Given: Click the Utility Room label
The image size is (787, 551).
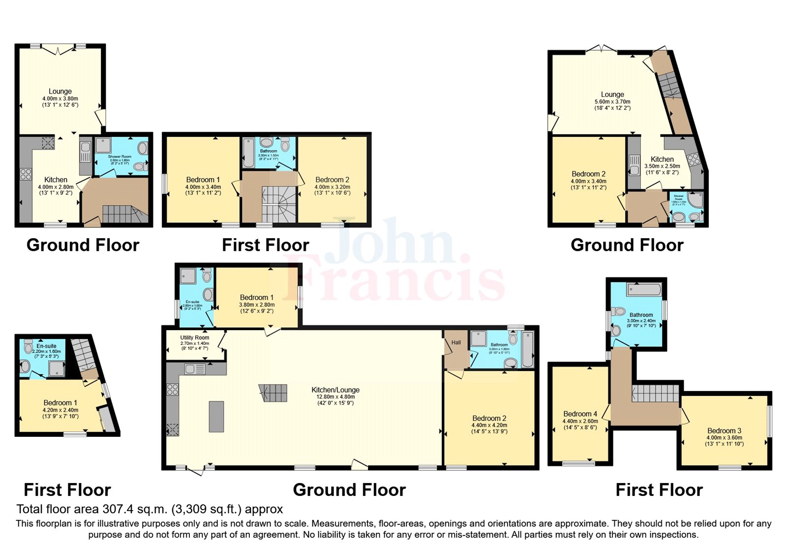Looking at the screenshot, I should pos(195,338).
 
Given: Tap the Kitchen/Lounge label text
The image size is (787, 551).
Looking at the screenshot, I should pos(335,390).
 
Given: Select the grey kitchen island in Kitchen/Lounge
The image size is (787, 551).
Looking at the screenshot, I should pos(216,416).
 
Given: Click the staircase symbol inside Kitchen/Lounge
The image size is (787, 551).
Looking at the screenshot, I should pos(273,393).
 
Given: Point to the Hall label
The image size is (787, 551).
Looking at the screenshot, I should pos(456,342).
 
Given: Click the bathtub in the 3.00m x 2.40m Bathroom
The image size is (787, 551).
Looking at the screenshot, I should pos(644,289).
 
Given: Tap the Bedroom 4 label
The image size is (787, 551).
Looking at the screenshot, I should pos(580,414).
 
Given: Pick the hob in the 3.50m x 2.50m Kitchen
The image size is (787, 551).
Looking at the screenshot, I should pos(693,159).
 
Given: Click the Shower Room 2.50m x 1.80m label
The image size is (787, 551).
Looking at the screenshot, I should pos(120,157).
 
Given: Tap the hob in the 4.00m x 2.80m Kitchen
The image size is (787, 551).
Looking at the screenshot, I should pos(25,174).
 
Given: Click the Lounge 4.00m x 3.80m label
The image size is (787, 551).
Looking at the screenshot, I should pos(60,92).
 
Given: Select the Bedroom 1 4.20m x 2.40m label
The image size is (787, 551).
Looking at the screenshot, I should pos(61,402).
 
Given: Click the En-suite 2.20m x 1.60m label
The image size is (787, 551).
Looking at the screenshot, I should pos(47,346).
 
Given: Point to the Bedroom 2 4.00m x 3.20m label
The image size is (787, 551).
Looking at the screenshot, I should pos(333,180).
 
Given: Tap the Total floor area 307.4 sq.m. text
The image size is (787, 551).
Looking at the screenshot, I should pos(150,509).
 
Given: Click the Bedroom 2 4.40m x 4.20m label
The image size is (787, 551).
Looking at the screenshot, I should pos(489,418).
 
